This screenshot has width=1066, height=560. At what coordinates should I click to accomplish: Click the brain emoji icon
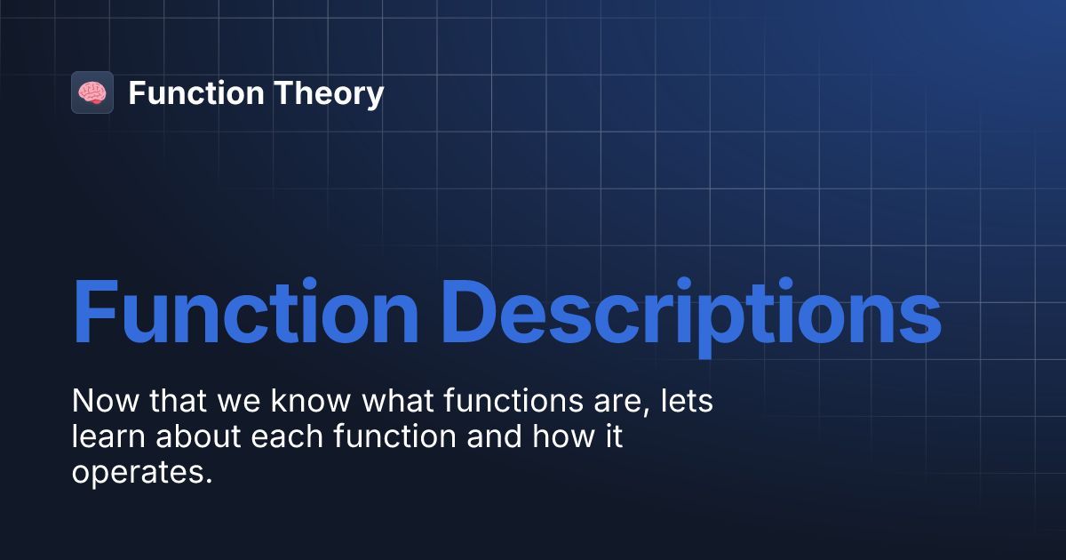point(92,92)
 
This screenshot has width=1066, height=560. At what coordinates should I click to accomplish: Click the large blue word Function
point(245,312)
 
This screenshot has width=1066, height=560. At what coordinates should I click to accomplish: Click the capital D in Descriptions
point(472,312)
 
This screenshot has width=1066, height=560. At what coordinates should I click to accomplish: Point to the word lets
point(689,401)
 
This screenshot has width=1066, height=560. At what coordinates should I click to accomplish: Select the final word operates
point(142,474)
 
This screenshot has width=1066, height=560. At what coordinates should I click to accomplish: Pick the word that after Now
point(176,401)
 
